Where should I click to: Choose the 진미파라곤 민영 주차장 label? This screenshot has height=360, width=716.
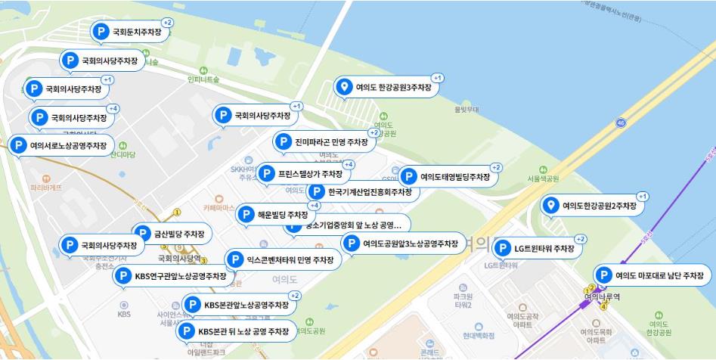[330, 142]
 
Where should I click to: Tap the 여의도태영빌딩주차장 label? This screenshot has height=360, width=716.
[454, 177]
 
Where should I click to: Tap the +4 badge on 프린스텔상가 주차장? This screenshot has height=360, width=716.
[349, 164]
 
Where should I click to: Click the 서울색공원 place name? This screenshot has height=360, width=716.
[543, 179]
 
